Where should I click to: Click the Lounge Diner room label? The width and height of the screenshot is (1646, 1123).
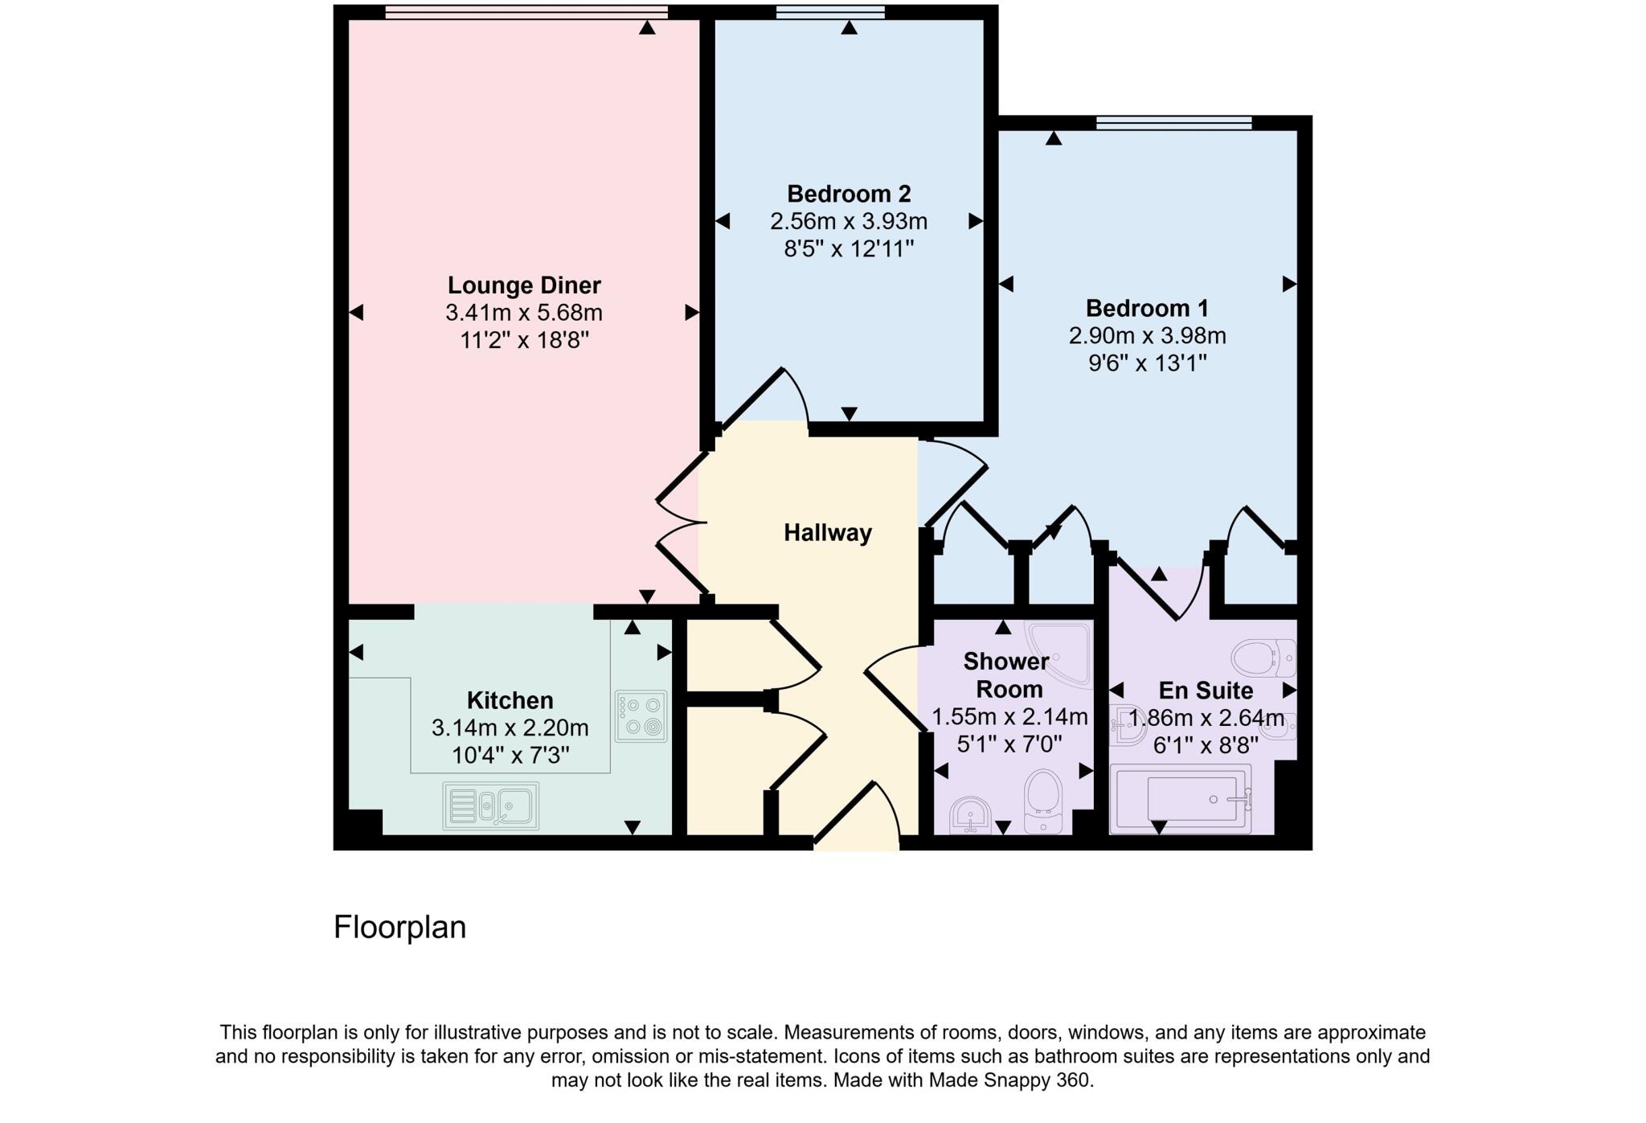click(x=524, y=285)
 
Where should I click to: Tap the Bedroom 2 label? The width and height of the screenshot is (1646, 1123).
click(x=849, y=194)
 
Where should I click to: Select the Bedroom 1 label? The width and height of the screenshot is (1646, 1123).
click(x=1147, y=308)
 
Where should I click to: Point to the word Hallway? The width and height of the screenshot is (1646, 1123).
click(x=828, y=533)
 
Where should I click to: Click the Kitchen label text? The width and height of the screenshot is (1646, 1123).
click(x=510, y=700)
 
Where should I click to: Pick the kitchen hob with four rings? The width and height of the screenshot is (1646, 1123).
click(x=641, y=716)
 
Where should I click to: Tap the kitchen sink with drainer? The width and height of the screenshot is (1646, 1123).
click(x=490, y=805)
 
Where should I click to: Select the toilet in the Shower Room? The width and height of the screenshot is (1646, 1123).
click(x=1044, y=801)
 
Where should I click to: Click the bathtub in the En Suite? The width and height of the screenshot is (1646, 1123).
click(x=1181, y=799)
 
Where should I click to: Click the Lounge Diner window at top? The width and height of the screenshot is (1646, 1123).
click(x=526, y=12)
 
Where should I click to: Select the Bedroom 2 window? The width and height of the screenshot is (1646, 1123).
click(x=831, y=12)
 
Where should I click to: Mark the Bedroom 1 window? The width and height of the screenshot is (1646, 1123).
click(x=1174, y=123)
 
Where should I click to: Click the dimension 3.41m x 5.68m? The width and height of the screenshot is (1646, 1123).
click(x=524, y=313)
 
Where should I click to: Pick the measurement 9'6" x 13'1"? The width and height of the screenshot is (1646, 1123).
click(x=1148, y=363)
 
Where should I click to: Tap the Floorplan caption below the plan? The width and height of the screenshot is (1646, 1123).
click(x=399, y=928)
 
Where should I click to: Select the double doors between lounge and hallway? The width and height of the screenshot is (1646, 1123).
click(x=682, y=523)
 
